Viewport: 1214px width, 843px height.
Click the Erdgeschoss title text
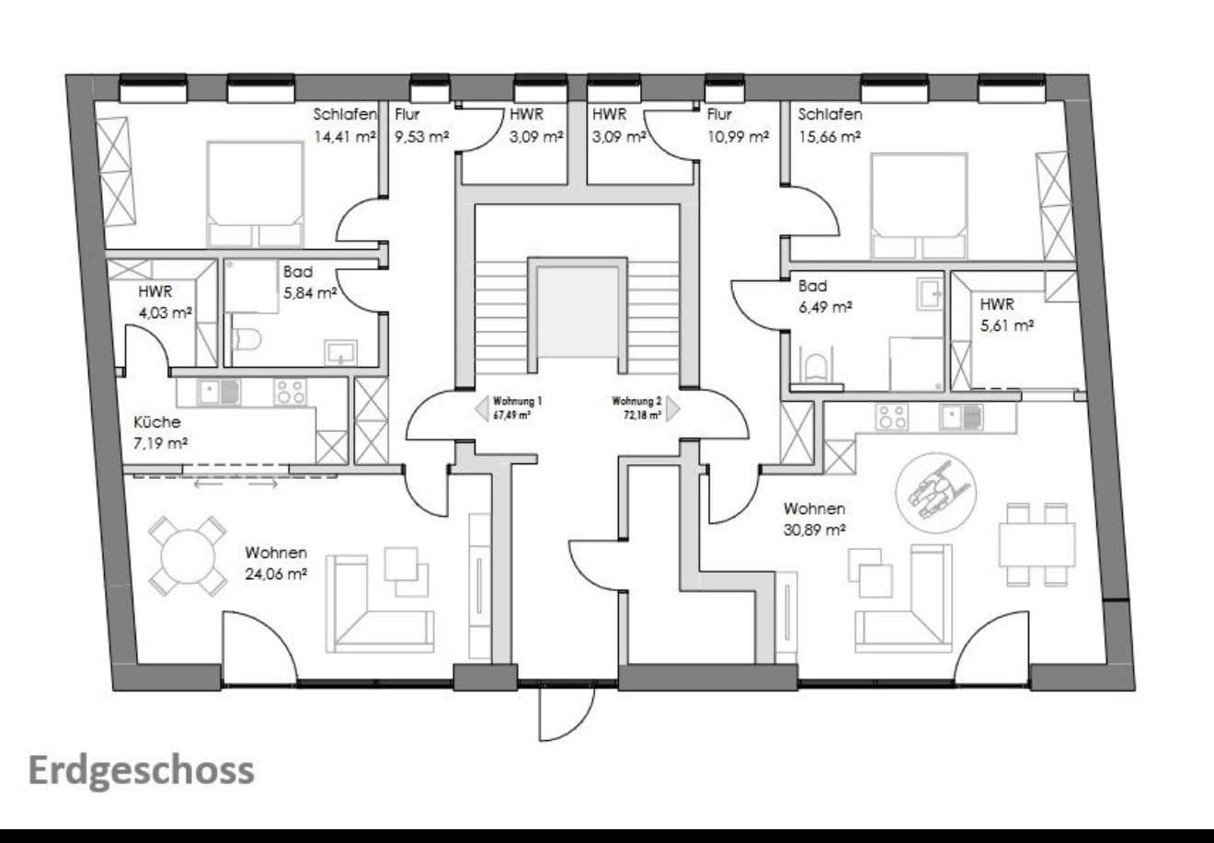click(141, 770)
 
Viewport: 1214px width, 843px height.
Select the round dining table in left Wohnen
click(188, 556)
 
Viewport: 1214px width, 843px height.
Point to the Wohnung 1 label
click(518, 407)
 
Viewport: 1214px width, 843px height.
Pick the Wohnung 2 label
click(636, 407)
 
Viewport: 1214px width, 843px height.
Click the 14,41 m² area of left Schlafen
click(345, 137)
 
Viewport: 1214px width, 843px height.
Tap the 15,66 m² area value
click(829, 136)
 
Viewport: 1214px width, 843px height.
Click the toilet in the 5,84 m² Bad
click(246, 338)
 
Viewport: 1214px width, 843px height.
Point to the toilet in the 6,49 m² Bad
click(814, 368)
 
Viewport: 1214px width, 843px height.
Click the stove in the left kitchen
click(290, 393)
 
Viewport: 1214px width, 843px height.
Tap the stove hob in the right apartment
click(891, 416)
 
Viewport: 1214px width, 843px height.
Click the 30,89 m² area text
click(814, 530)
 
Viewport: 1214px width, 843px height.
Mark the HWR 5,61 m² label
click(1007, 313)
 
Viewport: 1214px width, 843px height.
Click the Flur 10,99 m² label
click(737, 126)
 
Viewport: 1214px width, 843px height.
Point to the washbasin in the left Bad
click(341, 351)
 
